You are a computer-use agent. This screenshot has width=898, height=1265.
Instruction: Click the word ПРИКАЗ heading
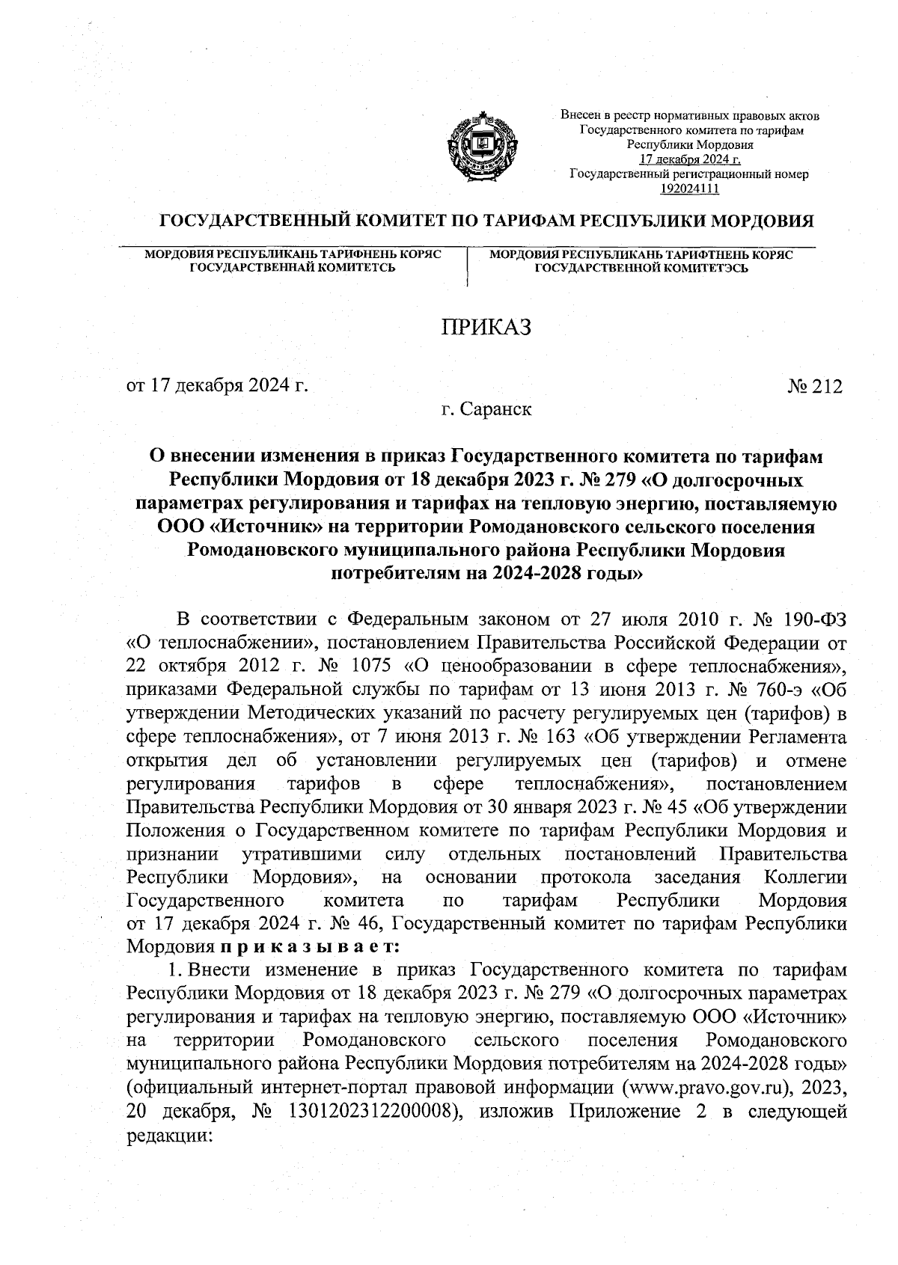485,327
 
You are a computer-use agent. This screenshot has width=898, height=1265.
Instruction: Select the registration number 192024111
689,189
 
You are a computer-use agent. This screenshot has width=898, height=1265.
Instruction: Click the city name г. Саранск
486,409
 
